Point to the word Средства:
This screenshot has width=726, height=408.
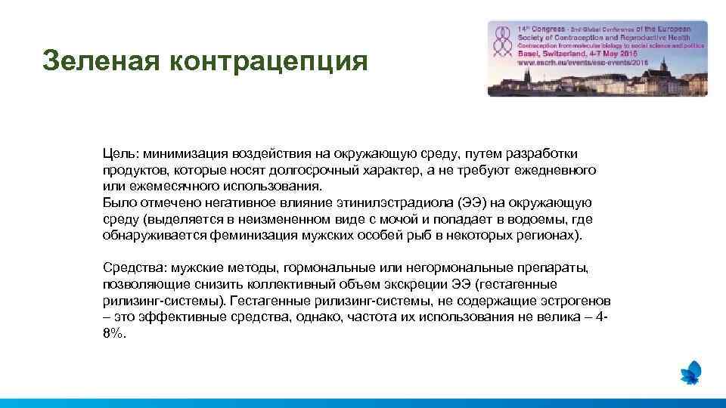135,267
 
